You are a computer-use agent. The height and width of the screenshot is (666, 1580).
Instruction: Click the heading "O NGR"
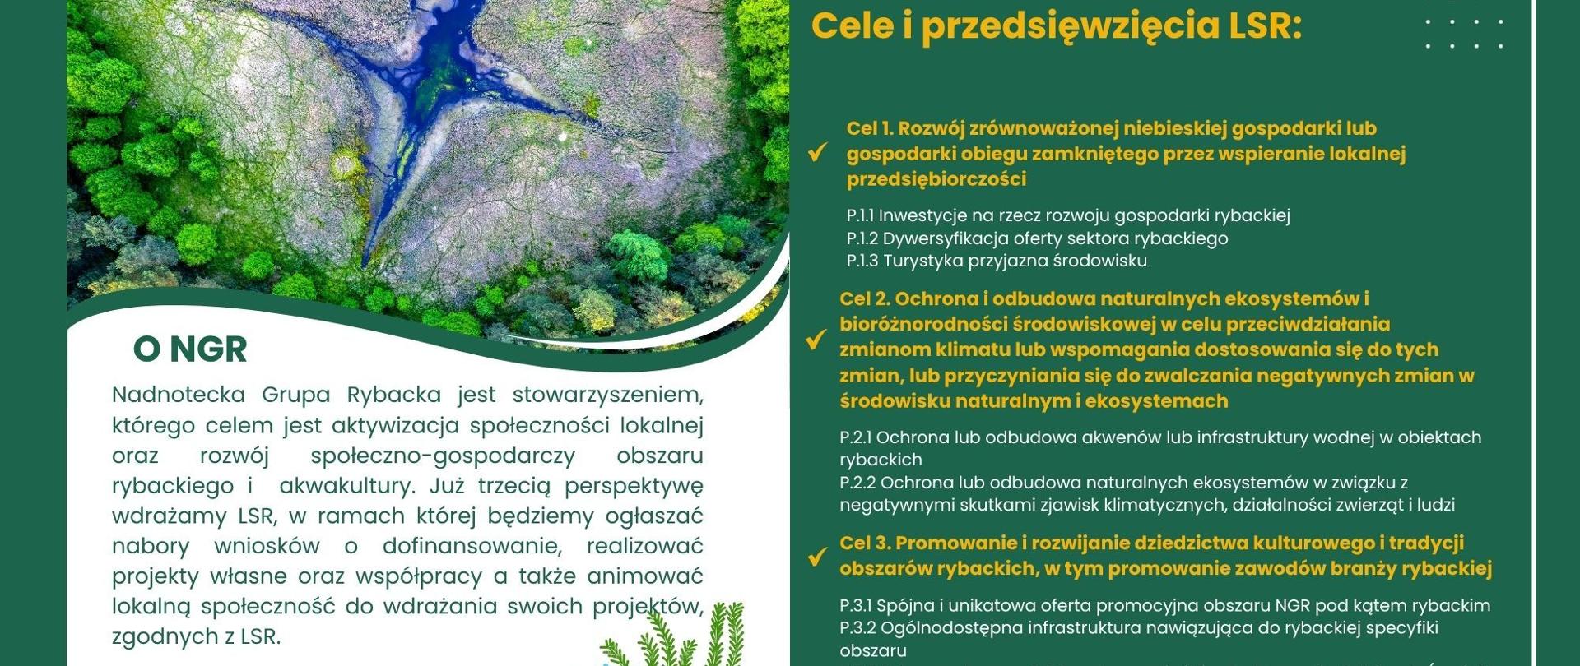click(x=190, y=349)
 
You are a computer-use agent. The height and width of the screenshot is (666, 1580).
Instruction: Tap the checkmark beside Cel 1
click(x=817, y=153)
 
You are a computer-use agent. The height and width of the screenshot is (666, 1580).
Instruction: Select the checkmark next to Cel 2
click(x=816, y=340)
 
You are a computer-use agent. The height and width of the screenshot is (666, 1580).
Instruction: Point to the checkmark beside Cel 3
click(x=816, y=557)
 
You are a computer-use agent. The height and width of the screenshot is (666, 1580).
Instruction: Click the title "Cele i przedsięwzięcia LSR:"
click(x=1057, y=26)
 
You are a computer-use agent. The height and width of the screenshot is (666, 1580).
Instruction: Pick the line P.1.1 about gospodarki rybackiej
click(x=1068, y=215)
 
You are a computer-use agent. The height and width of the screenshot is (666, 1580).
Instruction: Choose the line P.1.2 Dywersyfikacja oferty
click(x=1037, y=238)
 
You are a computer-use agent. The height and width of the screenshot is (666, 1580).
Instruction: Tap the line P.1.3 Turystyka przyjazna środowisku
click(x=997, y=261)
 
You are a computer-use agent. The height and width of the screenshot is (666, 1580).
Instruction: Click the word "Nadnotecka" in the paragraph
click(x=179, y=395)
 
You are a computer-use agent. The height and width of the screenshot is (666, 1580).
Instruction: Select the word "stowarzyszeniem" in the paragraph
click(x=607, y=395)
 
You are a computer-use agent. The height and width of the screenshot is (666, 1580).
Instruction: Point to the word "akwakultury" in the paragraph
click(x=346, y=486)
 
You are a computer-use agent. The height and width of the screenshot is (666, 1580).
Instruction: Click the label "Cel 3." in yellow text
click(x=864, y=543)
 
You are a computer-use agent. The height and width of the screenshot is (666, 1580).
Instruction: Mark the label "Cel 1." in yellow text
click(x=871, y=129)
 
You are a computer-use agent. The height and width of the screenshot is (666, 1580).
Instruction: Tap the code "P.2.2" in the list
click(x=857, y=483)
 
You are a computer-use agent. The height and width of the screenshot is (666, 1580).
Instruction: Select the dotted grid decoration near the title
click(x=1465, y=34)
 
